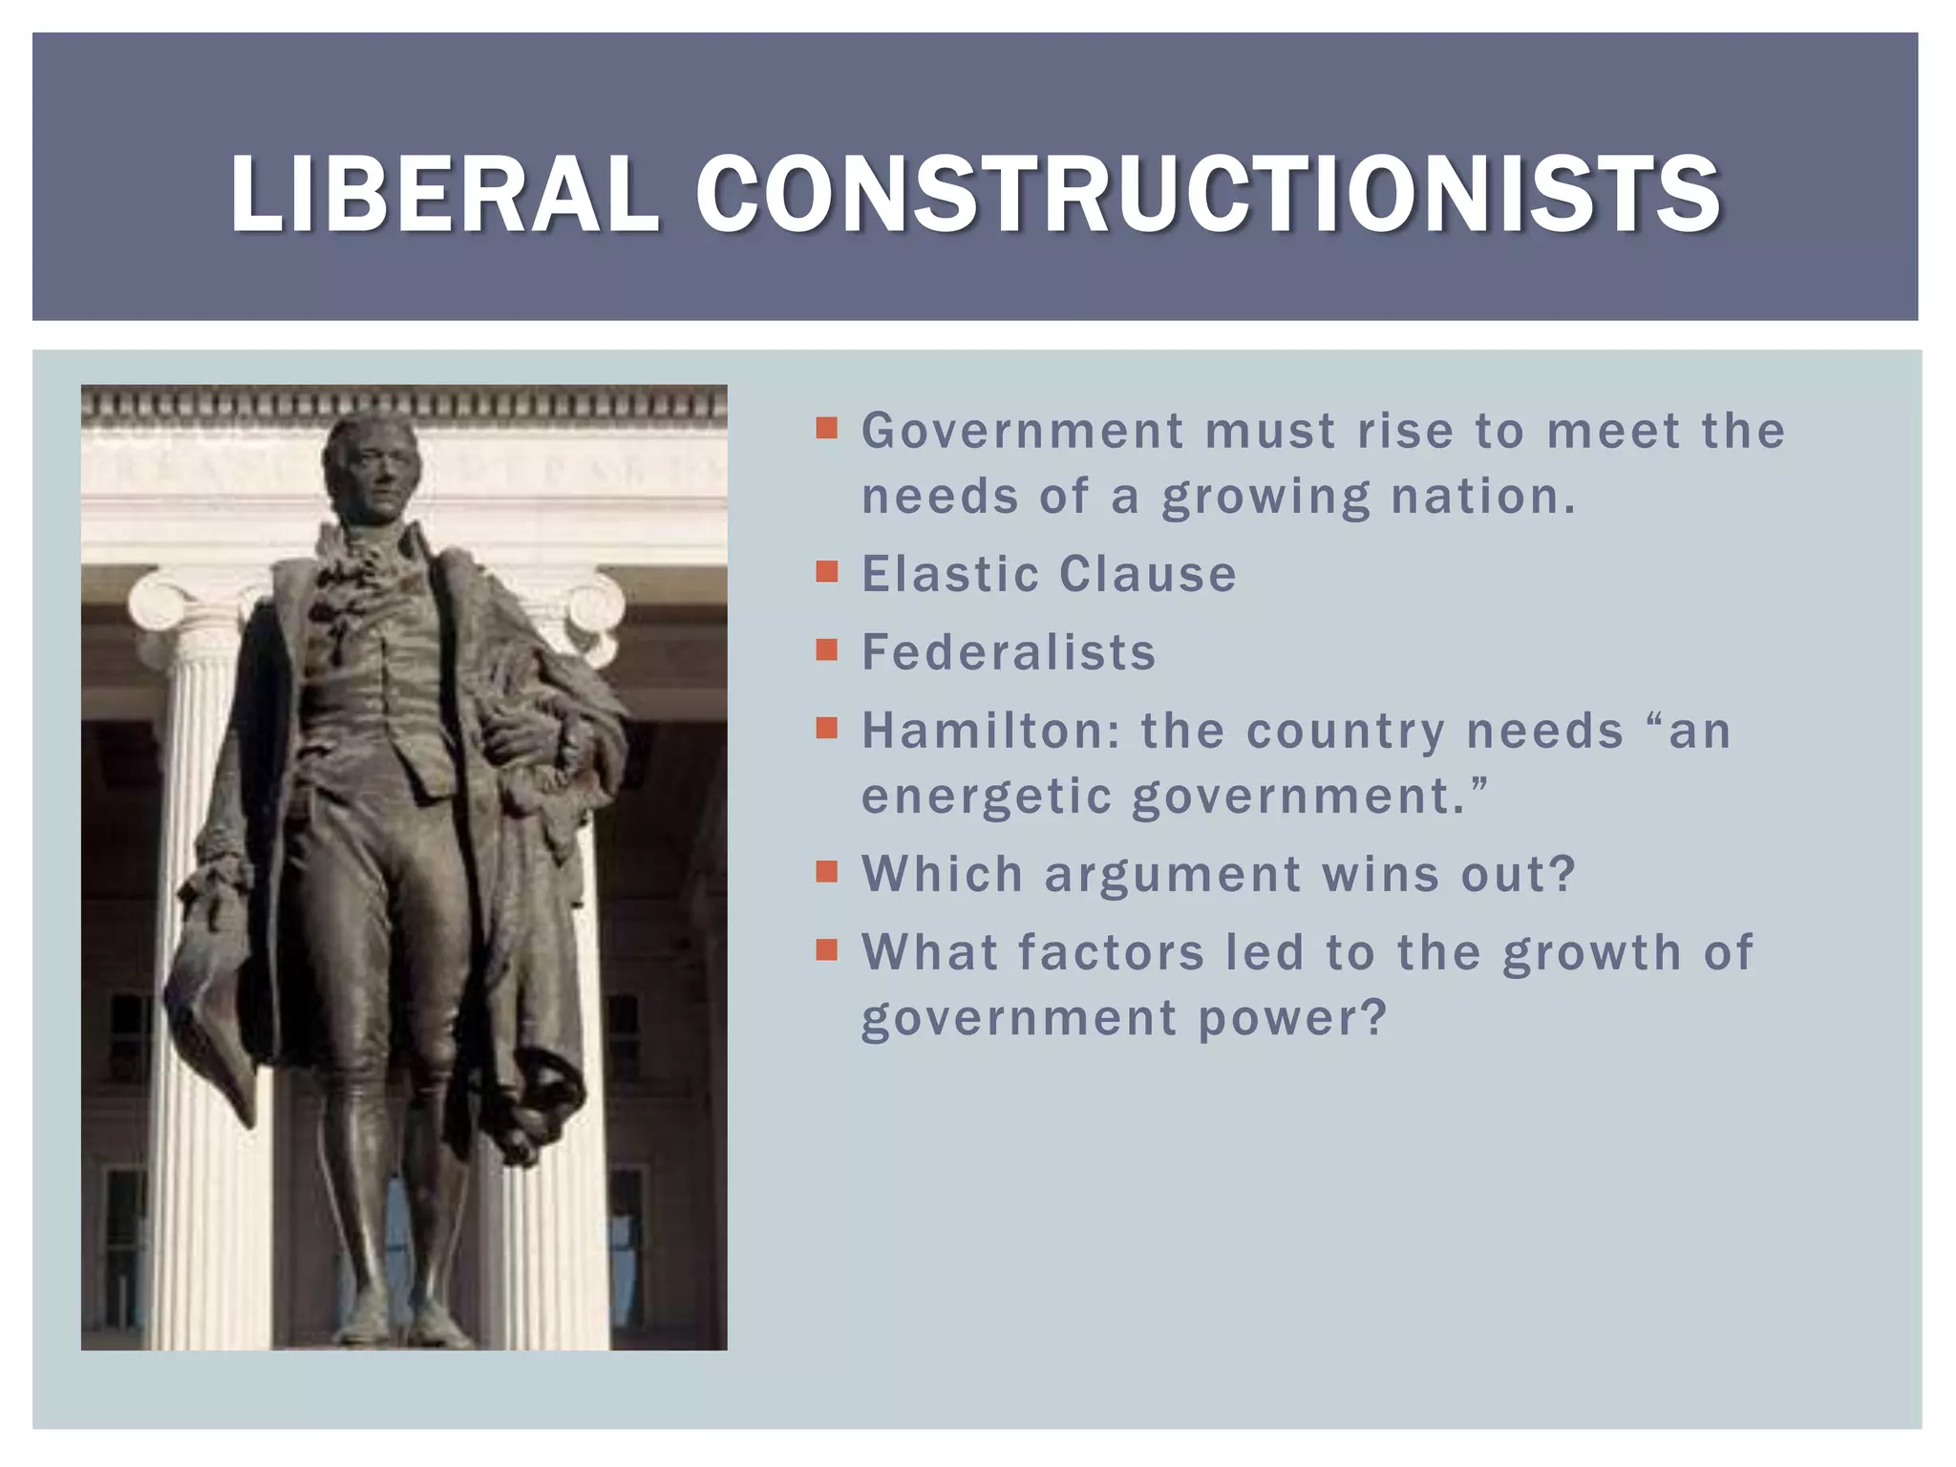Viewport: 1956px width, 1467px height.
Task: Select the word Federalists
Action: [x=1009, y=652]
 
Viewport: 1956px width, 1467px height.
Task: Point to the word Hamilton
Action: [x=985, y=732]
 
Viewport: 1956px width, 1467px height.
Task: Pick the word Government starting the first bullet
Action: [x=1022, y=432]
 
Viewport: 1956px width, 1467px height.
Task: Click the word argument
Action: [x=1173, y=874]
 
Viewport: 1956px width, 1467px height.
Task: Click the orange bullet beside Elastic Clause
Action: [x=827, y=572]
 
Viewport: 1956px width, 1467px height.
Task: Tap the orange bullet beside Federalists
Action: [x=827, y=650]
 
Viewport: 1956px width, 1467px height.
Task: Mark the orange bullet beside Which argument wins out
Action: [x=827, y=872]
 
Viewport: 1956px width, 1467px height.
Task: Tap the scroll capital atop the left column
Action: [x=172, y=611]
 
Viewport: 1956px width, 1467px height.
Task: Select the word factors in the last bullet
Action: [x=1111, y=952]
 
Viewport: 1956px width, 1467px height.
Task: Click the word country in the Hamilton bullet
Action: [x=1346, y=732]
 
